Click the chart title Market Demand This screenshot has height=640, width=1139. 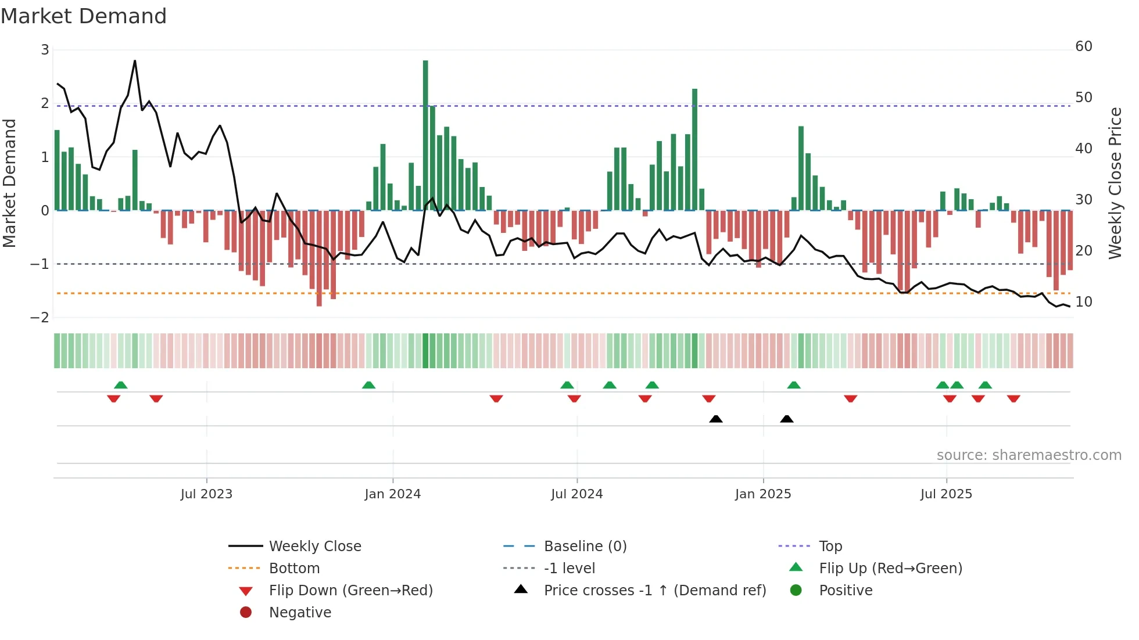[x=84, y=16]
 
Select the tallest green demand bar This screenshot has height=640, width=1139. [x=425, y=135]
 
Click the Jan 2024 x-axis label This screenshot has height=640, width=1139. [x=392, y=494]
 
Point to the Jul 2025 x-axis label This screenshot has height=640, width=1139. [x=945, y=494]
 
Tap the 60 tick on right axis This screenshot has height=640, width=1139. [x=1083, y=46]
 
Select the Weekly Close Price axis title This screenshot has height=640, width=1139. [x=1115, y=183]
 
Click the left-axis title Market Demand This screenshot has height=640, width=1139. [x=9, y=183]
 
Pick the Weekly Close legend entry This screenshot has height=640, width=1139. [x=314, y=546]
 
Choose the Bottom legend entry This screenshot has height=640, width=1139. [x=294, y=569]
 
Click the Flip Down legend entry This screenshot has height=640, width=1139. [x=350, y=591]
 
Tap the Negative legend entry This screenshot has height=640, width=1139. [x=300, y=613]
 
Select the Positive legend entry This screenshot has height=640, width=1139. [x=845, y=591]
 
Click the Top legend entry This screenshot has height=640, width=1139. [x=830, y=546]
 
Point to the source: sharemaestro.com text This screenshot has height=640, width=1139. [x=1029, y=455]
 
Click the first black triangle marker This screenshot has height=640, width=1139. [x=716, y=419]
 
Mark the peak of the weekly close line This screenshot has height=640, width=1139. [x=135, y=60]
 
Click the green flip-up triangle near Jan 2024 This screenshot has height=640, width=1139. [x=368, y=385]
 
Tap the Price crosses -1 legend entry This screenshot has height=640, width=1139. [x=654, y=591]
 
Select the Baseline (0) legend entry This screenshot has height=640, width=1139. [x=585, y=546]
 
